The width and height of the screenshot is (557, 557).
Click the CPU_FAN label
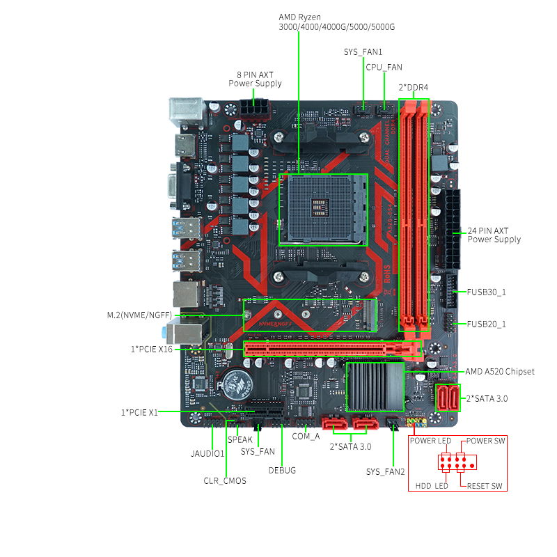click(x=384, y=67)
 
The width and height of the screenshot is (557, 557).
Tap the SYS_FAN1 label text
click(x=363, y=52)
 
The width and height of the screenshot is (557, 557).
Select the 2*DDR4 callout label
click(x=414, y=88)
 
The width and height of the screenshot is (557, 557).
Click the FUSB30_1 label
click(x=486, y=292)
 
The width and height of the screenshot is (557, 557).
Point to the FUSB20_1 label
click(x=486, y=324)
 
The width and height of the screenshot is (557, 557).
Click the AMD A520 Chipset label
click(x=500, y=372)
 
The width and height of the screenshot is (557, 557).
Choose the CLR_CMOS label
click(x=225, y=481)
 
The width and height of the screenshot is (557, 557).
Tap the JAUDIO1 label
click(x=207, y=454)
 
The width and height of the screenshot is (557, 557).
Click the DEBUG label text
click(x=282, y=471)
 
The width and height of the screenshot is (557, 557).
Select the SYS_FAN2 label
click(x=386, y=472)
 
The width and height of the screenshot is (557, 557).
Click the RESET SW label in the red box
click(x=485, y=486)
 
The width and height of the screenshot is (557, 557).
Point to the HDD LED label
click(x=432, y=486)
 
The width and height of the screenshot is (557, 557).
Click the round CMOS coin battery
click(x=235, y=384)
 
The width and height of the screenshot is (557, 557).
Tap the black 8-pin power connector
click(x=254, y=109)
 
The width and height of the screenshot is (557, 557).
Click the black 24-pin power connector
click(x=450, y=229)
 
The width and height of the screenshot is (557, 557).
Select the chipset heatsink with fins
click(x=375, y=387)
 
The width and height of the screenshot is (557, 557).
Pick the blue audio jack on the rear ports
click(x=164, y=333)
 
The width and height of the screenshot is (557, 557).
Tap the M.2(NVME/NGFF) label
click(x=140, y=315)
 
